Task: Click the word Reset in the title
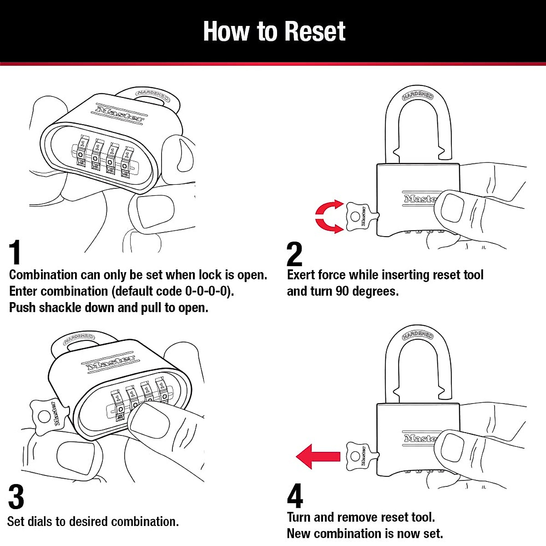tap(315, 31)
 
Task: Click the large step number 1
tap(15, 253)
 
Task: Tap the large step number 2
tap(294, 254)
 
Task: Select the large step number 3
tap(16, 497)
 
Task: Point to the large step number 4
tap(295, 496)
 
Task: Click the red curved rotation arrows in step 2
tap(329, 217)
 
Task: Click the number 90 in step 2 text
tap(342, 291)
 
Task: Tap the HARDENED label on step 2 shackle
tap(418, 96)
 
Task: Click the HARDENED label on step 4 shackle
tap(418, 335)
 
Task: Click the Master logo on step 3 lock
tap(111, 363)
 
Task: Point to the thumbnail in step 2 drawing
tap(453, 207)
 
